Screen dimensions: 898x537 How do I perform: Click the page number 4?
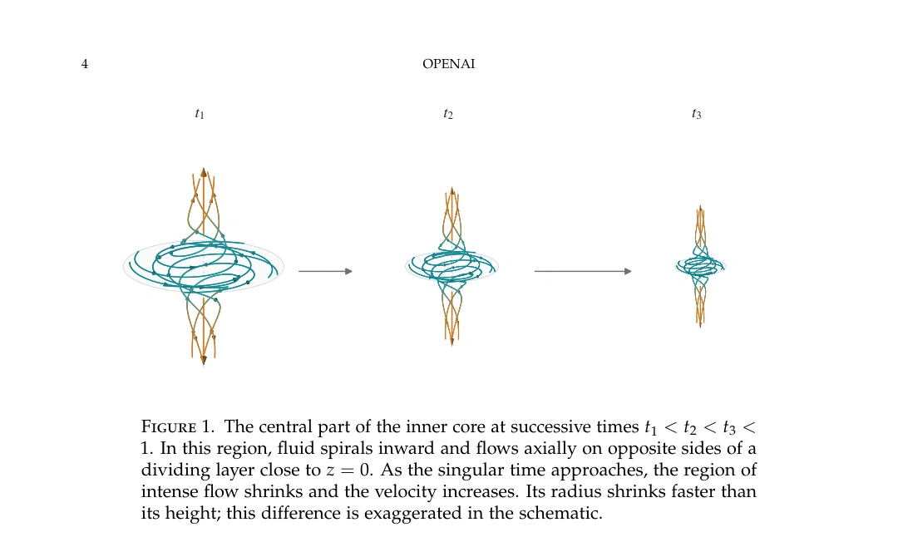pos(85,63)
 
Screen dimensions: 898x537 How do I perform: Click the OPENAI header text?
pos(448,63)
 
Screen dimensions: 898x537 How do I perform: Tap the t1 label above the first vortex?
pos(200,113)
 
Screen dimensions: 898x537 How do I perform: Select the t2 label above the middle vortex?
pos(448,114)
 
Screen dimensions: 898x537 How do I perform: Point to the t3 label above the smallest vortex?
pos(697,114)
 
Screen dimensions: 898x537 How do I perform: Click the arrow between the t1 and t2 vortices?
pos(325,271)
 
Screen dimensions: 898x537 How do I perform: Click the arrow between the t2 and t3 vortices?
pos(583,271)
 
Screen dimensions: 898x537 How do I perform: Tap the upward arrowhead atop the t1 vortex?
pos(204,172)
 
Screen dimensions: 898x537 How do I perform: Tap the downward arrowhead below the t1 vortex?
pos(204,360)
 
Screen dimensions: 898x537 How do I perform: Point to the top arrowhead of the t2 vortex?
pos(451,190)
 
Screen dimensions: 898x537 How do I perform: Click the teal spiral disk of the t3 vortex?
pos(700,266)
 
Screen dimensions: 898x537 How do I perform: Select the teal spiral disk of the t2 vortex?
pos(451,266)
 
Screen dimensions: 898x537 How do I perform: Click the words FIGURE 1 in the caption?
pos(177,426)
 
